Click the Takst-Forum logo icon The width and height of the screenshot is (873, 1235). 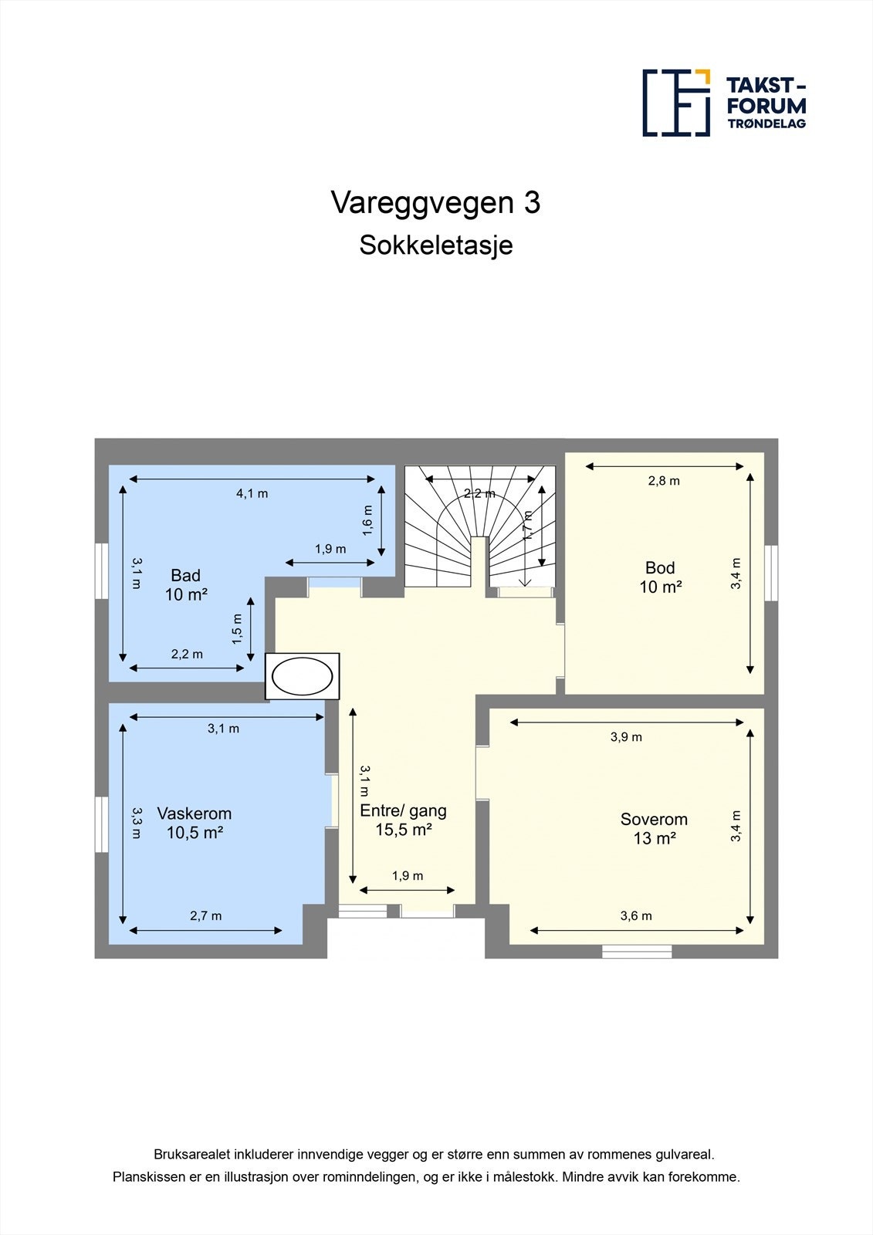point(676,103)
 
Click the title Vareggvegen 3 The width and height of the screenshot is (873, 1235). point(435,203)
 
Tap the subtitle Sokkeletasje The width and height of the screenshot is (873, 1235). point(435,246)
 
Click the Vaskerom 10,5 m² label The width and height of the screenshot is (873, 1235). point(195,823)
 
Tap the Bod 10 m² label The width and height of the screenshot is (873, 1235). point(660,577)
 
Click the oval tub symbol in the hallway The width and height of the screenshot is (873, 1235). point(302,677)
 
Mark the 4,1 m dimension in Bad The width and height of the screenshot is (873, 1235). point(252,493)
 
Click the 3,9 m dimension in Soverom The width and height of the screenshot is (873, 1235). point(626,737)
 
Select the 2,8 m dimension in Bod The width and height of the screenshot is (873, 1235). point(664,481)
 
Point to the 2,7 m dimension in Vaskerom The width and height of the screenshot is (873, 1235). point(205,916)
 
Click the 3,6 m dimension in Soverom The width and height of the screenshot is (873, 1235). point(636,916)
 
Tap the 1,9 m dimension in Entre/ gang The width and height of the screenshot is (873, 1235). point(408,876)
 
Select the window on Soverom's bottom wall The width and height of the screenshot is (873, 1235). point(637,951)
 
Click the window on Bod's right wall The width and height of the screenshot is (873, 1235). point(771,572)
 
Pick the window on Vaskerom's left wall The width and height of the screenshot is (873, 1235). point(101,824)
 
